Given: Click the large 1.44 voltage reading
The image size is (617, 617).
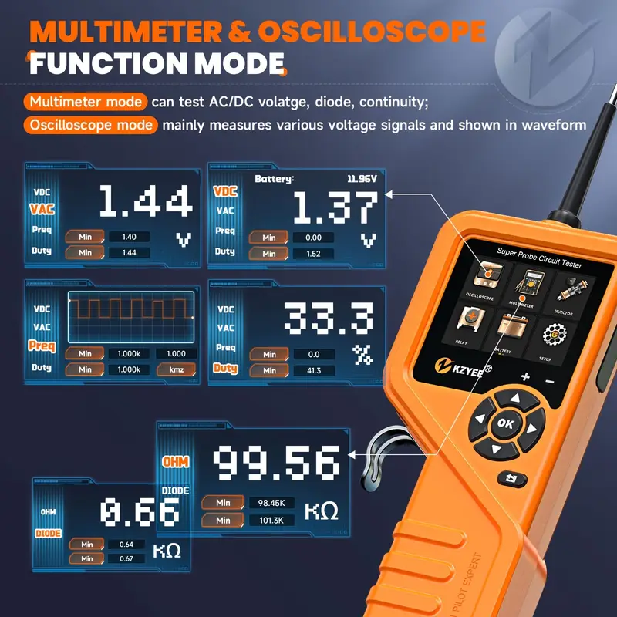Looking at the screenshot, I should pos(145,202).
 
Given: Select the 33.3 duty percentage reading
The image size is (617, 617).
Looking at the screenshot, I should pos(328,318).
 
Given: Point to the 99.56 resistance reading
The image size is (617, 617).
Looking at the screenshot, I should pos(276,462).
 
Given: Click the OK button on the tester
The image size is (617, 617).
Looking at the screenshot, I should pos(505,423).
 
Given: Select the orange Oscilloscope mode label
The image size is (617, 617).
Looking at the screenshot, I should pos(91,125).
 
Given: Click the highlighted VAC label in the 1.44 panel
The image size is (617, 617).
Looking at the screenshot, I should pos(42,209).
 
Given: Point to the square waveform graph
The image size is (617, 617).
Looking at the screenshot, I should pos(130,316).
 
